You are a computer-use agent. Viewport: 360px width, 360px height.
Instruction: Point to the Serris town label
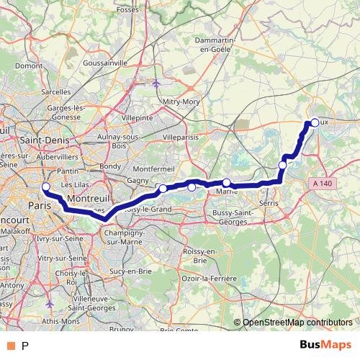268,204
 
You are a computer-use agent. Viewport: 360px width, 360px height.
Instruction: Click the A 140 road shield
323,184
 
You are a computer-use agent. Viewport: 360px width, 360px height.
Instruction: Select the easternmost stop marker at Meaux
315,122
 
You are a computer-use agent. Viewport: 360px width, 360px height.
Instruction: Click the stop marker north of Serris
283,166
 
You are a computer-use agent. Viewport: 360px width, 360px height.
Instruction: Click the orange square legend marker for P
12,346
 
